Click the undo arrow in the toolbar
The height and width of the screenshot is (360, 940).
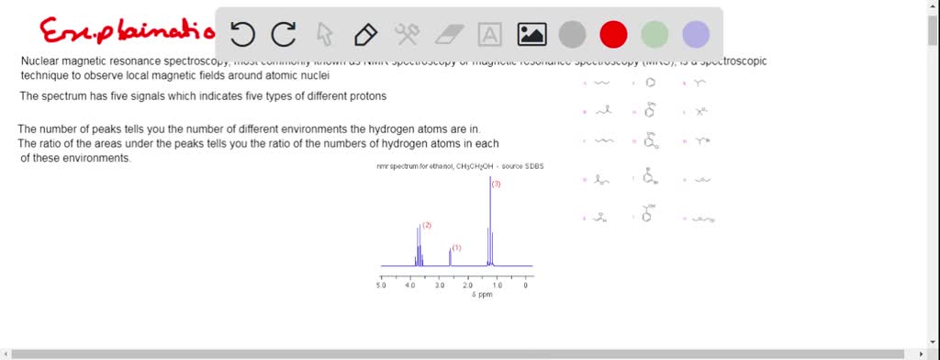pyautogui.click(x=243, y=35)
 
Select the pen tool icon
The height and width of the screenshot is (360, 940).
pyautogui.click(x=365, y=35)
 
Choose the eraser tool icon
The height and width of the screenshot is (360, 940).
pyautogui.click(x=449, y=35)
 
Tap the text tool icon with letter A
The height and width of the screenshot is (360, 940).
pyautogui.click(x=491, y=35)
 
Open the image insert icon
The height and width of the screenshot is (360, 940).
pyautogui.click(x=532, y=35)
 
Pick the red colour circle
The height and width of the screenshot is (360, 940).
pyautogui.click(x=613, y=35)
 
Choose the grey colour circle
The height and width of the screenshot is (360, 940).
pyautogui.click(x=572, y=35)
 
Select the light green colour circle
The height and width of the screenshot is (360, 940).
pyautogui.click(x=655, y=35)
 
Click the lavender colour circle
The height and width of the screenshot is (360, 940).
pyautogui.click(x=696, y=35)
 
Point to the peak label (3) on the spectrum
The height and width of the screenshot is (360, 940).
pyautogui.click(x=496, y=185)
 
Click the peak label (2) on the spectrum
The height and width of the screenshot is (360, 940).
pyautogui.click(x=427, y=225)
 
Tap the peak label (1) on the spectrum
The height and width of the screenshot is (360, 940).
pyautogui.click(x=457, y=248)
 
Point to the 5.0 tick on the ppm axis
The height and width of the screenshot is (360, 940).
pyautogui.click(x=381, y=286)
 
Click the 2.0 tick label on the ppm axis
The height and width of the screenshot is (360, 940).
pyautogui.click(x=467, y=286)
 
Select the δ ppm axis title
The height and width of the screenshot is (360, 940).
pyautogui.click(x=482, y=295)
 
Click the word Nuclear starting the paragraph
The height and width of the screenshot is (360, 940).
pyautogui.click(x=42, y=62)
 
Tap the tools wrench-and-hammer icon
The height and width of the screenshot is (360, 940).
pyautogui.click(x=407, y=35)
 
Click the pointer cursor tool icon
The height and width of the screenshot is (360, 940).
pyautogui.click(x=325, y=35)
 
